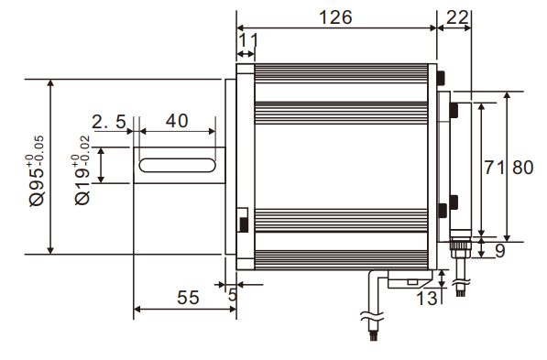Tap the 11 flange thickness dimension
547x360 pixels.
[x=247, y=40]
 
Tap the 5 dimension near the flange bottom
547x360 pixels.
[x=232, y=295]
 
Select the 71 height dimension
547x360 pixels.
[x=494, y=168]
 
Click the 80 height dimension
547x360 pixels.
[x=522, y=168]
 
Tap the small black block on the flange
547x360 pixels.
[x=243, y=223]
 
